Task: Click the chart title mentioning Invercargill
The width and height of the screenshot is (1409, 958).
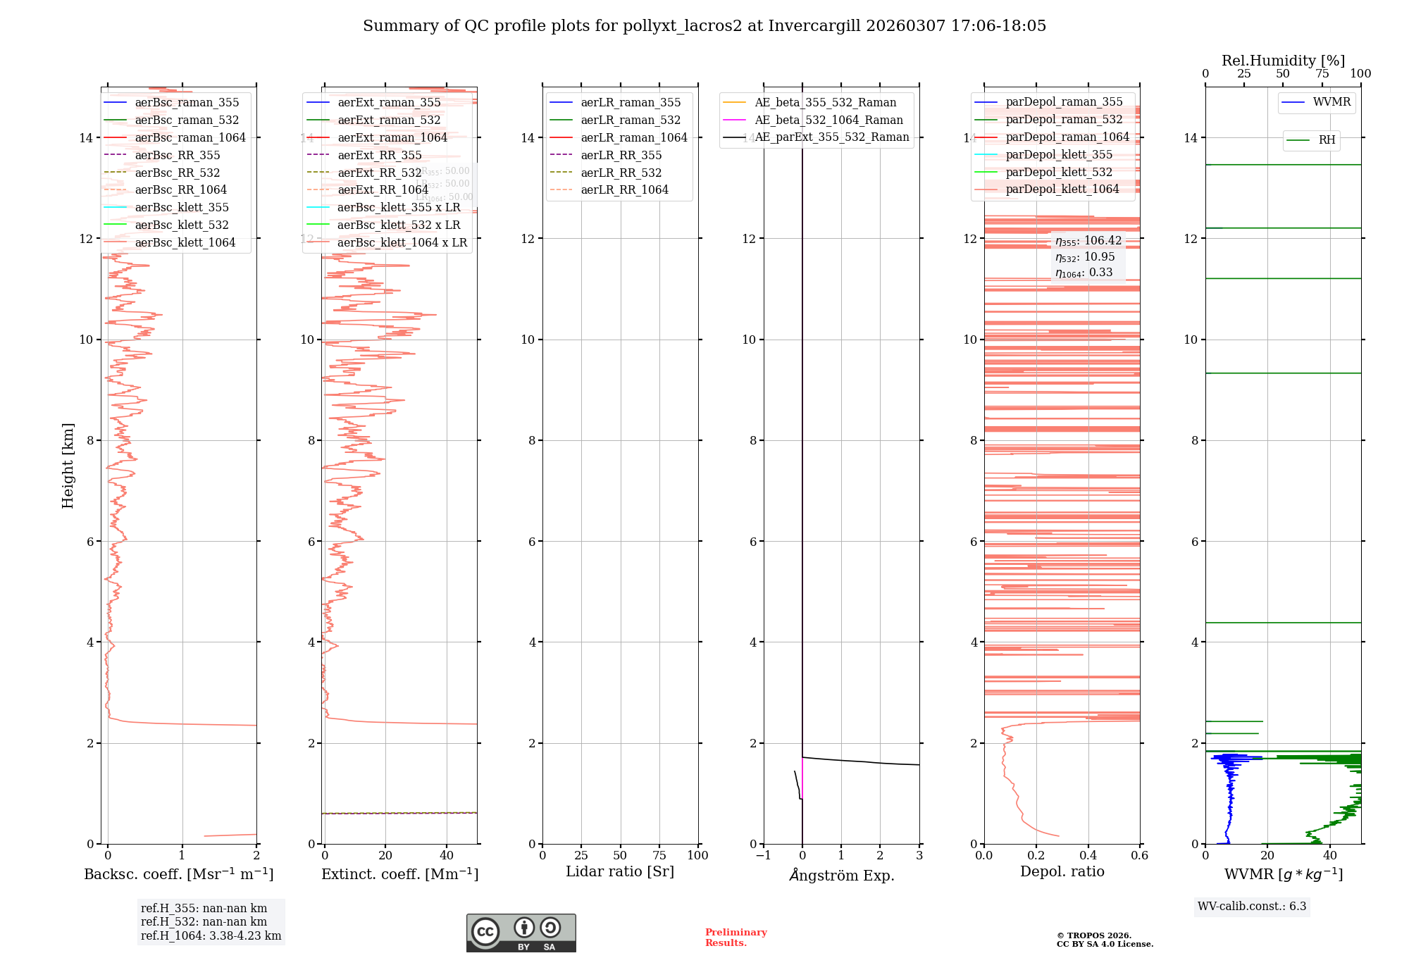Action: pyautogui.click(x=704, y=26)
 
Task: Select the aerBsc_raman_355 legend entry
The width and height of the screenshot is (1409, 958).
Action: pyautogui.click(x=187, y=103)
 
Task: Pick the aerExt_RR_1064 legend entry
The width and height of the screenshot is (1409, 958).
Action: pyautogui.click(x=383, y=190)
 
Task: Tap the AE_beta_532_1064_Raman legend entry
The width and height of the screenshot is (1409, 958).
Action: pyautogui.click(x=828, y=120)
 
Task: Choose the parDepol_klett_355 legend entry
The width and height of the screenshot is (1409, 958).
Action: pyautogui.click(x=1059, y=155)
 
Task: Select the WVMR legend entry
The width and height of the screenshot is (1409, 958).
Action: pyautogui.click(x=1332, y=102)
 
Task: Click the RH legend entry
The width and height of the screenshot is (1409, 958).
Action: pyautogui.click(x=1327, y=140)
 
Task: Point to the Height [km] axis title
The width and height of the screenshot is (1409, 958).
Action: pyautogui.click(x=68, y=465)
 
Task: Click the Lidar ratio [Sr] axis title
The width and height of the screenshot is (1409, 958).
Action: pyautogui.click(x=620, y=872)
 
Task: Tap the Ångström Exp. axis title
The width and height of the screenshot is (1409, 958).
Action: pyautogui.click(x=842, y=876)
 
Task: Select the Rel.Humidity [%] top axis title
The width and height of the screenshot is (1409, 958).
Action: pyautogui.click(x=1283, y=61)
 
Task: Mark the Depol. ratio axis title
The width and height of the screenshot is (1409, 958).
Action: pyautogui.click(x=1062, y=872)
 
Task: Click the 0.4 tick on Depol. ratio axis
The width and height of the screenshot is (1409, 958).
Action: pyautogui.click(x=1088, y=856)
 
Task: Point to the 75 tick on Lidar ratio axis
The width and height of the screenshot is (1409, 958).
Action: pyautogui.click(x=659, y=856)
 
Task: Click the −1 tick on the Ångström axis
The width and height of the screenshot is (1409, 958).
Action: pyautogui.click(x=763, y=856)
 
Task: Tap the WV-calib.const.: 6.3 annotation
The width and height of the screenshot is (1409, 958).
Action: pyautogui.click(x=1252, y=907)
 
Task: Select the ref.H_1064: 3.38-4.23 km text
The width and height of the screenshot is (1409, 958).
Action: pyautogui.click(x=211, y=936)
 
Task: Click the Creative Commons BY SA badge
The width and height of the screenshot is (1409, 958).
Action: pyautogui.click(x=521, y=933)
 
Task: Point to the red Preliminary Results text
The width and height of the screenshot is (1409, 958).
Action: pyautogui.click(x=735, y=938)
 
